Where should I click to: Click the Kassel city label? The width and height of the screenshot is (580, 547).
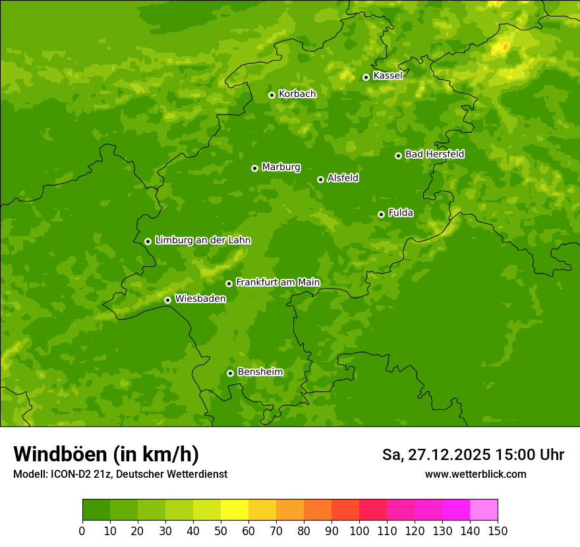tap(388, 76)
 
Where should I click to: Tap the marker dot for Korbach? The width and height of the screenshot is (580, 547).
tap(272, 95)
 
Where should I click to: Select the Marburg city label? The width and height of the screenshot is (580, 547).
tap(281, 167)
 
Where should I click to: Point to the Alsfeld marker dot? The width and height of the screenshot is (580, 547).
tap(320, 179)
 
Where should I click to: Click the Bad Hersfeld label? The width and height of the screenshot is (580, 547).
tap(434, 154)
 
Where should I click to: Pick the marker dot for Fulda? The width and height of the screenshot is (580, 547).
tap(381, 214)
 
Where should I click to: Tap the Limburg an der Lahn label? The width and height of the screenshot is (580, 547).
tap(202, 241)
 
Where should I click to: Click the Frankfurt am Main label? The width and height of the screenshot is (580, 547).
tap(277, 283)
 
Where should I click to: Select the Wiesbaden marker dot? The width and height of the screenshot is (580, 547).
tap(167, 300)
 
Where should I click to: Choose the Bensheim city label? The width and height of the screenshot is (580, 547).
tap(260, 372)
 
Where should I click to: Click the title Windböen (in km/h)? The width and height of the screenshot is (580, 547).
tap(106, 454)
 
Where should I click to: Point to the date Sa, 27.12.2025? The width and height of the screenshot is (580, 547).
tap(436, 455)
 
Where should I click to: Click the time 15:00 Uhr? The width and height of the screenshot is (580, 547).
tap(529, 455)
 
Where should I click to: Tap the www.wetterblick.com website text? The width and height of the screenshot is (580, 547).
tap(475, 474)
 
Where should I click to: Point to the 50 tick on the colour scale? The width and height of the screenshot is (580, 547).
tap(221, 531)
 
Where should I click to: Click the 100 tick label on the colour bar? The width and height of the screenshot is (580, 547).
tap(359, 531)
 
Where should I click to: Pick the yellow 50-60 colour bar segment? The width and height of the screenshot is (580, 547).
tap(235, 510)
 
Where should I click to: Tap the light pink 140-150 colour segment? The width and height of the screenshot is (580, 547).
tap(484, 510)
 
